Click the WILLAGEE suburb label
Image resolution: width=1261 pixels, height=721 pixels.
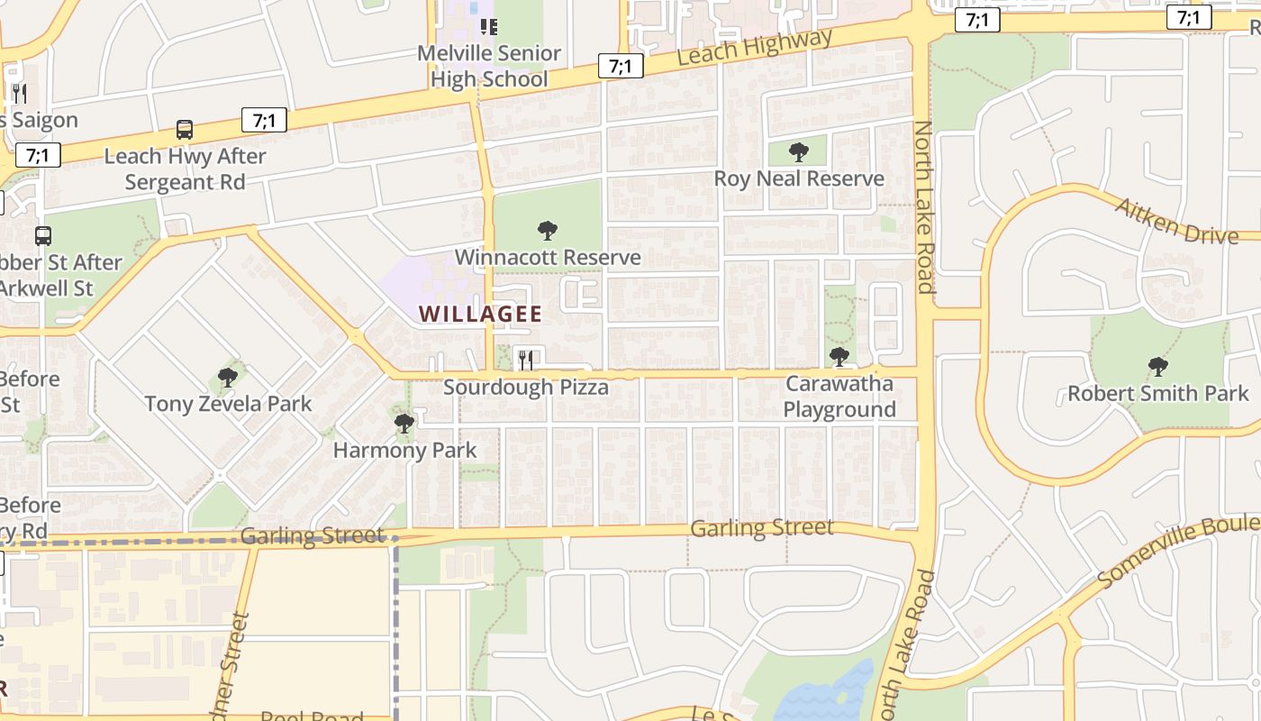tap(481, 315)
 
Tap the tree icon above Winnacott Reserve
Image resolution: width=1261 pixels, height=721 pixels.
tap(547, 231)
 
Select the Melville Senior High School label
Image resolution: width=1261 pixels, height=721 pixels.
tap(489, 67)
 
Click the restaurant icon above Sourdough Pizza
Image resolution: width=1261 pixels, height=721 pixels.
tap(526, 360)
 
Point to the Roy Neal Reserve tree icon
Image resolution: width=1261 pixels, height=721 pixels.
tap(798, 152)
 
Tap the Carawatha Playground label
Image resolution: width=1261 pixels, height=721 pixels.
tap(839, 397)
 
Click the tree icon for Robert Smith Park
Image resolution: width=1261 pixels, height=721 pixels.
tap(1158, 367)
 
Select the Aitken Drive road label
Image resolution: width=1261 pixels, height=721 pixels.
tap(1176, 221)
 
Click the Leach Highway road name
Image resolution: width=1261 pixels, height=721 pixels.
tap(754, 48)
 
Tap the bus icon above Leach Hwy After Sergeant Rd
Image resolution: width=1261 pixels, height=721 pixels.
tap(185, 130)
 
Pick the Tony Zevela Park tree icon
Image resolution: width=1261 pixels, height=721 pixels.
tap(228, 377)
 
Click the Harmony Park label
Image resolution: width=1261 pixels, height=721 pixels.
tap(404, 450)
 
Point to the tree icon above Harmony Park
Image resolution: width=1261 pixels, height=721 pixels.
tap(404, 422)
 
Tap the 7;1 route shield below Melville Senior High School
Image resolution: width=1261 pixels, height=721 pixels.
tap(621, 66)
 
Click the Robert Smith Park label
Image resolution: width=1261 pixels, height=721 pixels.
tap(1158, 394)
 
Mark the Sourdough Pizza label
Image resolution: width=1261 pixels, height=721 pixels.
tap(526, 388)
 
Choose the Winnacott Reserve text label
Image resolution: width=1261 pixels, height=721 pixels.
tap(548, 258)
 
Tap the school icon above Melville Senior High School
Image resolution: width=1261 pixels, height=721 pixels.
tap(488, 27)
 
